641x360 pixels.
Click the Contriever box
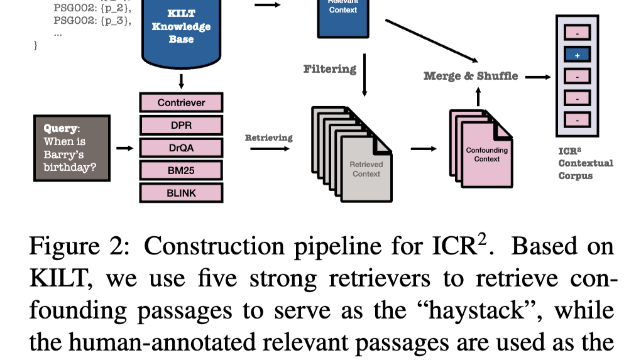(x=181, y=102)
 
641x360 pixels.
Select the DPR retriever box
(x=181, y=125)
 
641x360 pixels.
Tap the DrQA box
(x=181, y=148)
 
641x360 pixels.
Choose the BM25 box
(x=181, y=170)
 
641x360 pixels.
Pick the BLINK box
(x=181, y=193)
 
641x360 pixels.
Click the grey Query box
(x=72, y=148)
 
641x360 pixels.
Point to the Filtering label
(x=330, y=68)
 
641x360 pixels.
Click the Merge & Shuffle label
(x=471, y=76)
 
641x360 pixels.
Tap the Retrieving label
(x=268, y=138)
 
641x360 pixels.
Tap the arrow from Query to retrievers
(x=125, y=148)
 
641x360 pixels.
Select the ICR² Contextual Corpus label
(x=585, y=163)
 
